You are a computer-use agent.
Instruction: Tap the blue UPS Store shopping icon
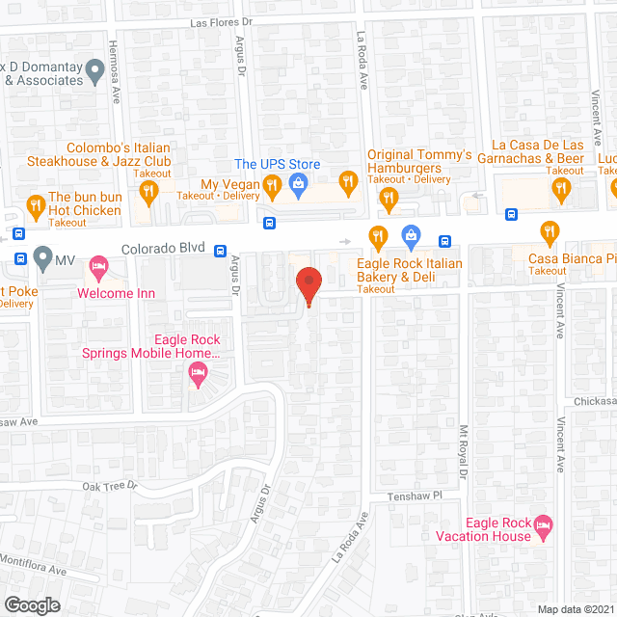point(298,184)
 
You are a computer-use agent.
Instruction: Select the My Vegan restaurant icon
point(273,184)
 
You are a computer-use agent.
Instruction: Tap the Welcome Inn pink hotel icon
point(98,265)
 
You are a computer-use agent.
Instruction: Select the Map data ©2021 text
point(575,609)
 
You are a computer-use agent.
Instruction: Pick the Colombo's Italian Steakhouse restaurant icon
point(148,192)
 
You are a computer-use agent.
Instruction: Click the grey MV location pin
point(42,258)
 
